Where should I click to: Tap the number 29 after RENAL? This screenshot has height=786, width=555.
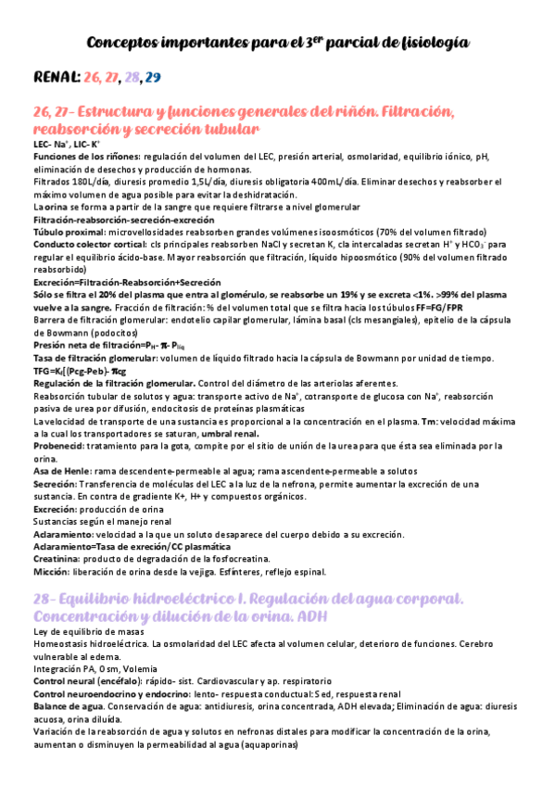tap(153, 77)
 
